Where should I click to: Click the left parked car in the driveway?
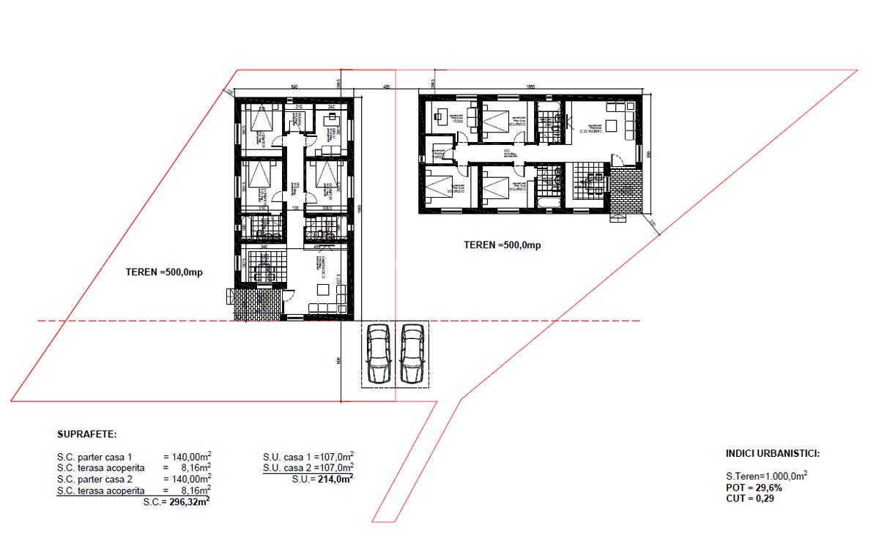coord(379,354)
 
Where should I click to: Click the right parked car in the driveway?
coord(412,354)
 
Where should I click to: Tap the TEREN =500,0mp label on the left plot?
coord(163,272)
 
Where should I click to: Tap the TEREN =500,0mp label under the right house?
coord(502,245)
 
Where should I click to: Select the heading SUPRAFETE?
coord(86,434)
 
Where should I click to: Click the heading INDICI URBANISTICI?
coord(772,453)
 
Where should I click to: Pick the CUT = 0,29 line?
coord(750,498)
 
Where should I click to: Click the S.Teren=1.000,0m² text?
coord(766,476)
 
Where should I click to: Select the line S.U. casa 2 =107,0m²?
coord(308,467)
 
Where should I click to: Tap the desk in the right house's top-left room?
coord(441,116)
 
